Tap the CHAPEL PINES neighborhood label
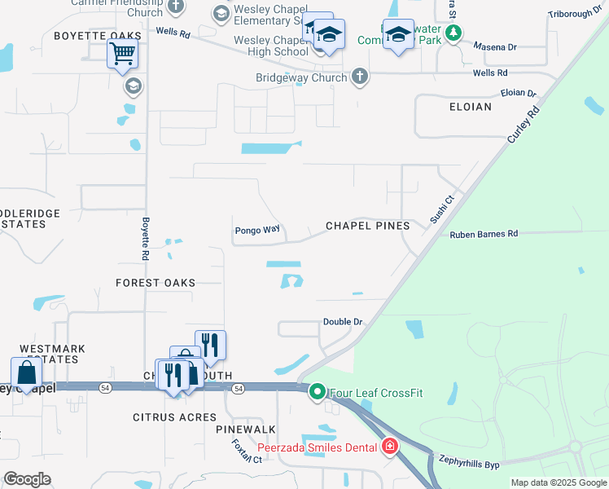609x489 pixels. click(x=367, y=226)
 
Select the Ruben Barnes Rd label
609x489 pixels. click(x=484, y=234)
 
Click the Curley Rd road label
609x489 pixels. click(x=524, y=125)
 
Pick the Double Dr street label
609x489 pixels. click(x=342, y=322)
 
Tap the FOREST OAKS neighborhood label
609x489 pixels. click(x=156, y=283)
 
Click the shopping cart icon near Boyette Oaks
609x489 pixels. click(x=122, y=55)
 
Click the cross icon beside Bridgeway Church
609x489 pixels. click(x=359, y=77)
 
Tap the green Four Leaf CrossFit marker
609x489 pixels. click(x=318, y=393)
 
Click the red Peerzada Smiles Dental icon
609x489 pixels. click(x=389, y=447)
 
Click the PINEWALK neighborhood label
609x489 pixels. click(x=246, y=429)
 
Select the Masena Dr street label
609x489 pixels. click(x=489, y=47)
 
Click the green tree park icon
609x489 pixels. click(x=453, y=33)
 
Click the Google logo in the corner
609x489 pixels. click(x=27, y=479)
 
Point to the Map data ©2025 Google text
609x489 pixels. click(x=558, y=483)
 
